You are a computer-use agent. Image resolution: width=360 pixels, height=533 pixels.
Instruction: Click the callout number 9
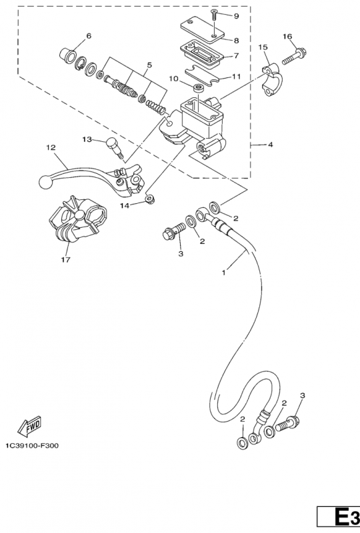click(236, 15)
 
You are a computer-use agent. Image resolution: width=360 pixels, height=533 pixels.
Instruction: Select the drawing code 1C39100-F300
click(31, 445)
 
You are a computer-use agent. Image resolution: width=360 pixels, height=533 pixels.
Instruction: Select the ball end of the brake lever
click(45, 181)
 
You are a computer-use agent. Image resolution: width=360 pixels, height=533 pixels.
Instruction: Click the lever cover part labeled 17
click(75, 219)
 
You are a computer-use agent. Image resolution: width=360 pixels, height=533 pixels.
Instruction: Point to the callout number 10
click(173, 79)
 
